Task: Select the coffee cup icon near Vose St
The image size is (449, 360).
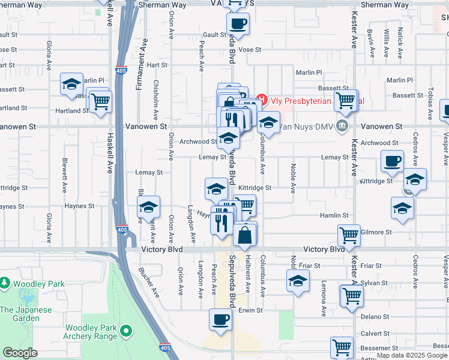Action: point(238,25)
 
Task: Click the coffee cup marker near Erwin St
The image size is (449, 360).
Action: point(220,319)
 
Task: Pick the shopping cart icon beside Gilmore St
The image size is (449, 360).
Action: point(349,235)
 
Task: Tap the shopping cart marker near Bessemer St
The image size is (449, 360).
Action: point(341,347)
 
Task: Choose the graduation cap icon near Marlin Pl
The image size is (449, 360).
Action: point(71,84)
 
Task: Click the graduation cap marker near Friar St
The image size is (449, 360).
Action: point(298,281)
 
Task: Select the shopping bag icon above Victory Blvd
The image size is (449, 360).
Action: point(245,235)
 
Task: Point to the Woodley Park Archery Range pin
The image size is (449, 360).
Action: point(126,330)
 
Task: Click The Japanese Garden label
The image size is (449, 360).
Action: point(26,310)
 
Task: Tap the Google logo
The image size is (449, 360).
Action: point(20,353)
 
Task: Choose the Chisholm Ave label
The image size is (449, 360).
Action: point(156,100)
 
